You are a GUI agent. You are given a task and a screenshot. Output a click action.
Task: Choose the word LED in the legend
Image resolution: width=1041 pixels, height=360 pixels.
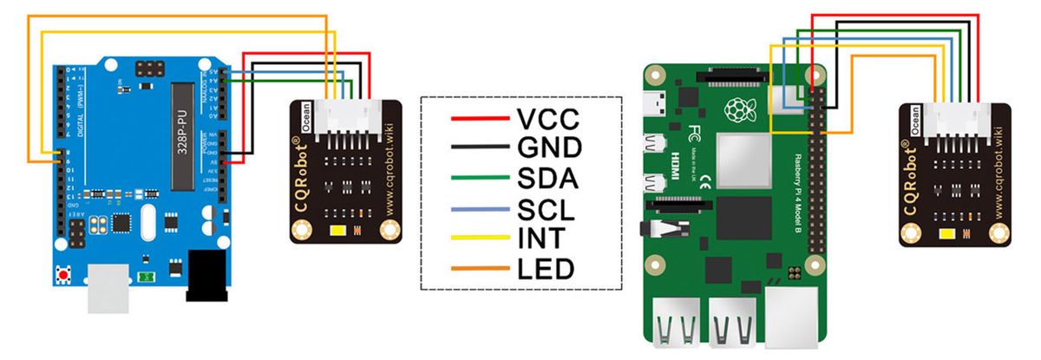(x=545, y=269)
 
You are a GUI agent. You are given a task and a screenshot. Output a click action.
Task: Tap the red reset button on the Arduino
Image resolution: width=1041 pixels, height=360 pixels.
(x=63, y=276)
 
